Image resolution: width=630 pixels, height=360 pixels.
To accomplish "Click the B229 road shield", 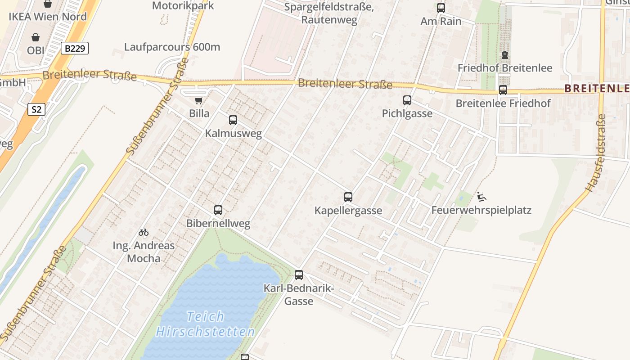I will (75, 48).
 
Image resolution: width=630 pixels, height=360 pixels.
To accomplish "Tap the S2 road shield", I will (36, 109).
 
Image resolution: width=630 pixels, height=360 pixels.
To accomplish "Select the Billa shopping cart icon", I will (198, 100).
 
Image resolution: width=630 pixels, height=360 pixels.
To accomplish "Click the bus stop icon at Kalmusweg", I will (233, 120).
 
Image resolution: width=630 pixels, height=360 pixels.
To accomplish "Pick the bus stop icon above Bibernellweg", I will (218, 210).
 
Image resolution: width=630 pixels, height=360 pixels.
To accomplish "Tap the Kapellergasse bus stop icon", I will (348, 197).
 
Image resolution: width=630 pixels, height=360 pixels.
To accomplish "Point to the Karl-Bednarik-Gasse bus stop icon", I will (299, 275).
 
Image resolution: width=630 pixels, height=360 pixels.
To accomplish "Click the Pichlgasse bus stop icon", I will (407, 100).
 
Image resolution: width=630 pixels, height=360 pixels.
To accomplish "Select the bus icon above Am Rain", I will (441, 8).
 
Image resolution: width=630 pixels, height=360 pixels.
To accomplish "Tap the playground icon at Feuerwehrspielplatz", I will (481, 197).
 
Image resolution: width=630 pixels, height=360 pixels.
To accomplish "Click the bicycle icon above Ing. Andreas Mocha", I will (144, 232).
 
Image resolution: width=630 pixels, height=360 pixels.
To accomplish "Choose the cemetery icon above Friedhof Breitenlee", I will (504, 55).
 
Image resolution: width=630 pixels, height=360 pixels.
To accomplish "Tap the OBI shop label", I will (36, 50).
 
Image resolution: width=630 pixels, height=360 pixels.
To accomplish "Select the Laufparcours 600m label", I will (172, 47).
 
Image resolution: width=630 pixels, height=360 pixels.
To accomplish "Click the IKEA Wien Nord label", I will (48, 17).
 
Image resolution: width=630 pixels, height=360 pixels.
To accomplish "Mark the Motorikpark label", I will (183, 6).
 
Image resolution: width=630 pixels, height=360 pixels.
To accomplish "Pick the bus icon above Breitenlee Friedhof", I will (503, 90).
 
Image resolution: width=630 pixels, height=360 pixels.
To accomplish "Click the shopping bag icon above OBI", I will (36, 37).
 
